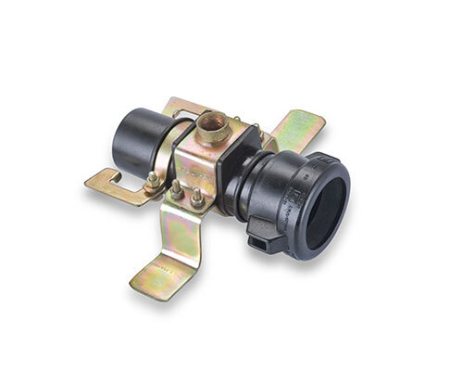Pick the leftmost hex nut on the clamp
point(151,180)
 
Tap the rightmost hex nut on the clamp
point(198,198)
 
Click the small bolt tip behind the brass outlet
point(238,120)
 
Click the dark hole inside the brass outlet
point(214,122)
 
